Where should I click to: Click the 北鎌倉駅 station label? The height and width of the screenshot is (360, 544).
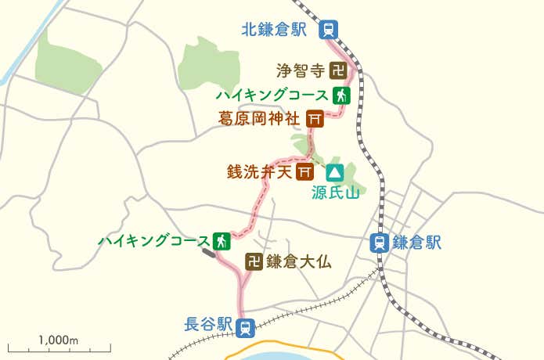(273, 30)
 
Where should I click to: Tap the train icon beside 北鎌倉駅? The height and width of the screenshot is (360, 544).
(329, 30)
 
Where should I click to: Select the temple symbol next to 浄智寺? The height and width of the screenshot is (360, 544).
(338, 71)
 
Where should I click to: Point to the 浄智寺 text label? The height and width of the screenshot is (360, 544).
(300, 71)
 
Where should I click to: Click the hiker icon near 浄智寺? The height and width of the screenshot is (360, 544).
(340, 95)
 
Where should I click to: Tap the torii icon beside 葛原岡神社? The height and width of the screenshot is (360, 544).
(315, 119)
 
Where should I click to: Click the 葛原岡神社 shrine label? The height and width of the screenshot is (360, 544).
(259, 119)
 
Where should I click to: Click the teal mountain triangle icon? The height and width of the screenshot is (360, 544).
(335, 171)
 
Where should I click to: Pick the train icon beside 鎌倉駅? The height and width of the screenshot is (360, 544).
(380, 243)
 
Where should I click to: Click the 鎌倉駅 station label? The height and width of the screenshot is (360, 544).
(417, 243)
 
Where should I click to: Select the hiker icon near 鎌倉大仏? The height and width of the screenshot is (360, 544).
(222, 240)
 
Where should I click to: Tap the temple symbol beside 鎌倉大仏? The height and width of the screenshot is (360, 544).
(253, 262)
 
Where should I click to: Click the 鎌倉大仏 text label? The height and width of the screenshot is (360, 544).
(299, 262)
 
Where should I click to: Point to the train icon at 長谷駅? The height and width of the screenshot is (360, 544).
(245, 326)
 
